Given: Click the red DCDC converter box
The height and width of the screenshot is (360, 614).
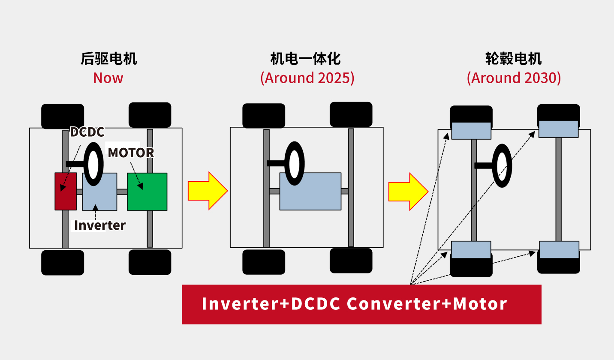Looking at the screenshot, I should point(66,192).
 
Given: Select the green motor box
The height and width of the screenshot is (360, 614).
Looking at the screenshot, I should point(147,192).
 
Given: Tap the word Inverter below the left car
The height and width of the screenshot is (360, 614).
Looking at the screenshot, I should point(100,225).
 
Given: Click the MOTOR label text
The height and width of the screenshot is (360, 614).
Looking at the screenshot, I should point(131,153).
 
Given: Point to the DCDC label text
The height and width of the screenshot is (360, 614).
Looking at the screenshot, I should point(87,132).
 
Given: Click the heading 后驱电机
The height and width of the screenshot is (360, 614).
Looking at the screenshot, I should point(108,59).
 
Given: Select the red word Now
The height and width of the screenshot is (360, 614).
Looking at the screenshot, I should point(108,78).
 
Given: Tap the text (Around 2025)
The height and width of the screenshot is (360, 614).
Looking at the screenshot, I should point(307,78).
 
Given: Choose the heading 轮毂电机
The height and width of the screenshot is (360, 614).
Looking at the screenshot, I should point(513,59).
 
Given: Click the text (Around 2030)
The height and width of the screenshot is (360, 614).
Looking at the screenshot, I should point(514,78).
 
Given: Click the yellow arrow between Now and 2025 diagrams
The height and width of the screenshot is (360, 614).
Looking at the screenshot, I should point(208,191).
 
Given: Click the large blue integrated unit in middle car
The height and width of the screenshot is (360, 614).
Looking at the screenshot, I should point(310,191).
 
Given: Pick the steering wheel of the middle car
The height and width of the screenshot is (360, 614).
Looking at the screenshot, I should point(295,163).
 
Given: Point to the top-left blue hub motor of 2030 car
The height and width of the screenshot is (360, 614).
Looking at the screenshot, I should point(471,131).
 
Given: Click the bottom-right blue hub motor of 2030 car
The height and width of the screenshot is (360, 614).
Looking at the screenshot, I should point(559,249).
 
